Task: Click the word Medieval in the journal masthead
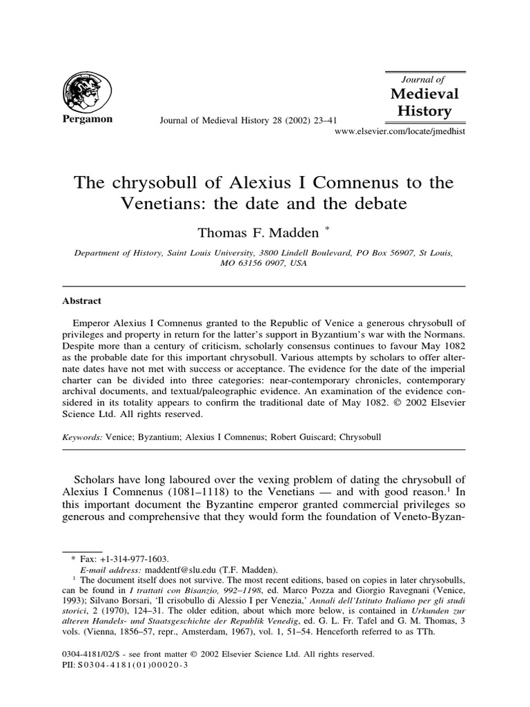(424, 94)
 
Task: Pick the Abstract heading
(82, 301)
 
